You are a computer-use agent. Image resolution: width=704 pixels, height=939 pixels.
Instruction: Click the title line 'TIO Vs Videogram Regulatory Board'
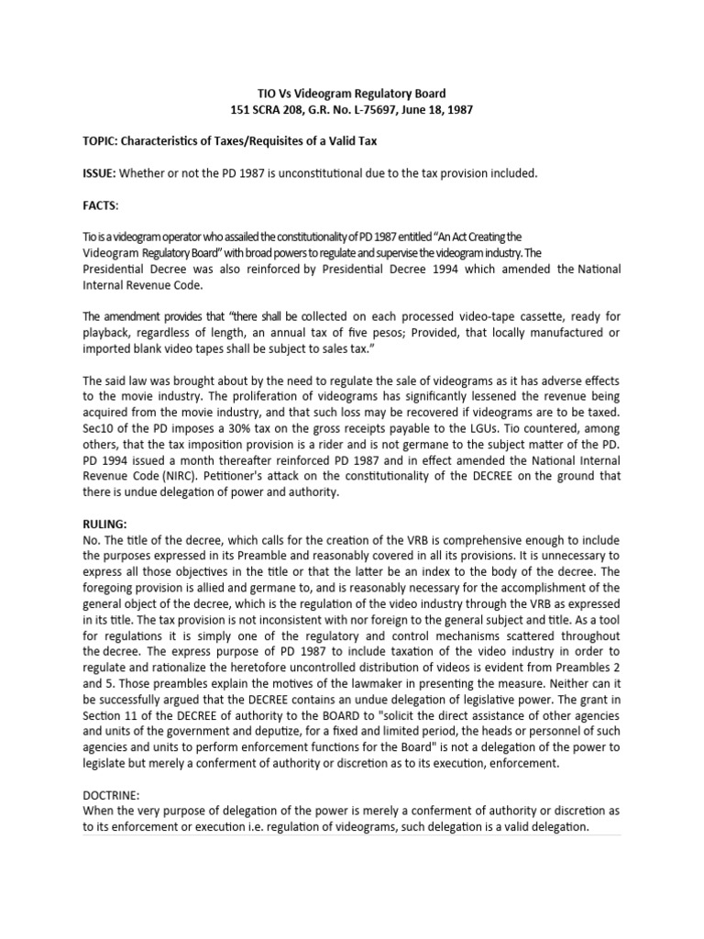click(351, 94)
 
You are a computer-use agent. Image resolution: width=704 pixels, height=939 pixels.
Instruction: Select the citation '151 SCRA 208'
click(267, 110)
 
